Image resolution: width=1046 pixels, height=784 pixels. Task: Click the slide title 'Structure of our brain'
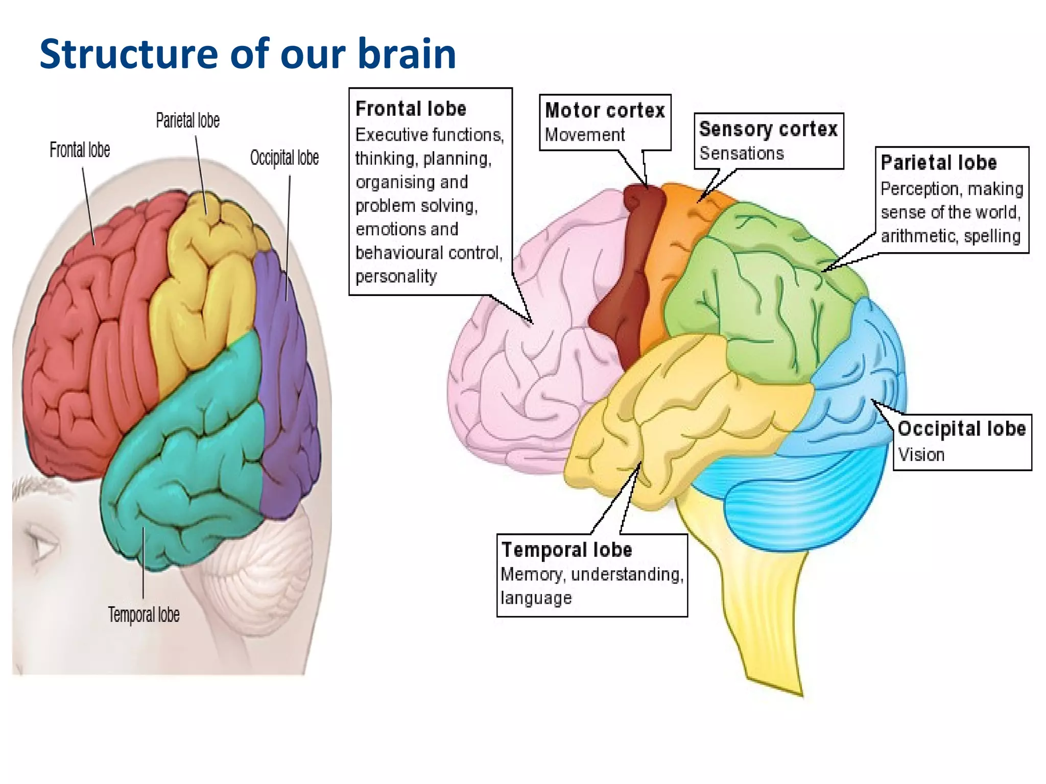[x=247, y=54]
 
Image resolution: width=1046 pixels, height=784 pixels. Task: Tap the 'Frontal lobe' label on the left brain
[x=80, y=150]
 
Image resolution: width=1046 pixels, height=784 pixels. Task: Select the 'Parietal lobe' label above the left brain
[x=187, y=120]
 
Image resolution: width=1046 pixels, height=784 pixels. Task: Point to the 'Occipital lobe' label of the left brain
[x=284, y=158]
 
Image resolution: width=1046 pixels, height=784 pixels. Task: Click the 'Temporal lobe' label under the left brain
[x=144, y=615]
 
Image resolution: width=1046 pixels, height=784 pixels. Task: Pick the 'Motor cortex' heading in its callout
[x=605, y=111]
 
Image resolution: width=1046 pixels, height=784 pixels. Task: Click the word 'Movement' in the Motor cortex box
[x=584, y=135]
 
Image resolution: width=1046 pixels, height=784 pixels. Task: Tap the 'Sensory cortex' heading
[x=768, y=129]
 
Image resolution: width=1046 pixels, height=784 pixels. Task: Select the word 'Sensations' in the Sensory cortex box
[x=741, y=153]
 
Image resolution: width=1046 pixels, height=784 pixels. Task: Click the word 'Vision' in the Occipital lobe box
[x=921, y=454]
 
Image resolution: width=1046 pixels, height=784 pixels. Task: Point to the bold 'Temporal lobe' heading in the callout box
[x=566, y=550]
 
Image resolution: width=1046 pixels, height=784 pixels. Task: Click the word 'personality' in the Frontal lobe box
[x=396, y=276]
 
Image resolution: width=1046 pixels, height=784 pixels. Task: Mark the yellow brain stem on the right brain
[x=766, y=612]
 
